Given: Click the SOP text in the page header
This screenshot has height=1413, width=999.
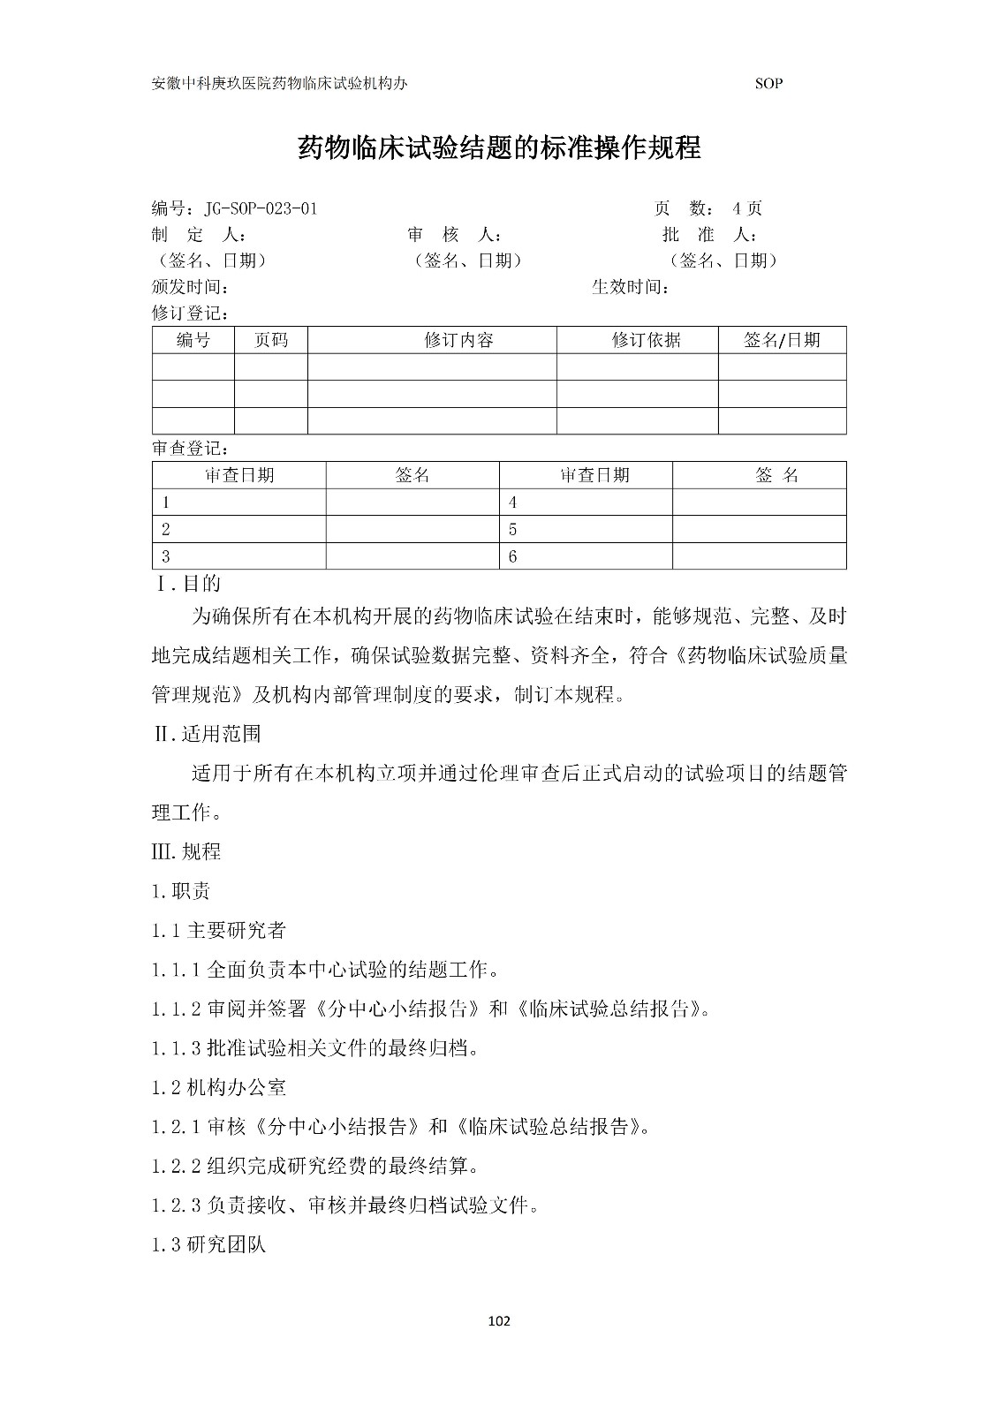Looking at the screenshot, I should [768, 84].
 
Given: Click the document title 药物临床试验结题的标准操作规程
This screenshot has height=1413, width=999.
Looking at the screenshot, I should [499, 147].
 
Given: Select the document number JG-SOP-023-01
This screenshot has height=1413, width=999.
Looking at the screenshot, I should [261, 209].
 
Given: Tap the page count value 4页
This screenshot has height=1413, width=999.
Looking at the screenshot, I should [746, 209].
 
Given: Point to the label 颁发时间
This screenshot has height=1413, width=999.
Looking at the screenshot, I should [191, 287].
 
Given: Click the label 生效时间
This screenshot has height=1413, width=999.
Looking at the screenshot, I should [630, 287].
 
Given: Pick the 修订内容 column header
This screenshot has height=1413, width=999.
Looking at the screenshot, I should [458, 341].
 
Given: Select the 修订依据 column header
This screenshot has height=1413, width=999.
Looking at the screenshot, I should [646, 341].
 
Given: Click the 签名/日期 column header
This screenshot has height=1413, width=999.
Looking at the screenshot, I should [782, 341].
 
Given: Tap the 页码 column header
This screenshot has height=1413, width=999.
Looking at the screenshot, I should [270, 341].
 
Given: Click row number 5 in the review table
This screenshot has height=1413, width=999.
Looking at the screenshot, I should [513, 530].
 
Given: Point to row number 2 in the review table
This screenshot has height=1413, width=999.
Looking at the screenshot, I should [165, 530].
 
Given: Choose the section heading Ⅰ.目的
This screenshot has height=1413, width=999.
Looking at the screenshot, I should [188, 584].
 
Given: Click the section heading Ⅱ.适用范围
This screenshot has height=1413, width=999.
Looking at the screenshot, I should [207, 734].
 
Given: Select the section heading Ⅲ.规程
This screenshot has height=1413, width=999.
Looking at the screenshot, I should [186, 852].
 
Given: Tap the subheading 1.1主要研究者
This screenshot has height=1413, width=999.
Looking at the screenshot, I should [218, 931].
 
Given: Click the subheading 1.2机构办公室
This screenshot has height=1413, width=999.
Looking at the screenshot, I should [218, 1088].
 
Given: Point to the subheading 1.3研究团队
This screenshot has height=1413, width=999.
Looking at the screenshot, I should [208, 1245].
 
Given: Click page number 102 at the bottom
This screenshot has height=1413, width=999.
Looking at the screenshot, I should [499, 1322].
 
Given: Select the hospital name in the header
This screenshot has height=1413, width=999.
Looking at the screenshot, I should [280, 84].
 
